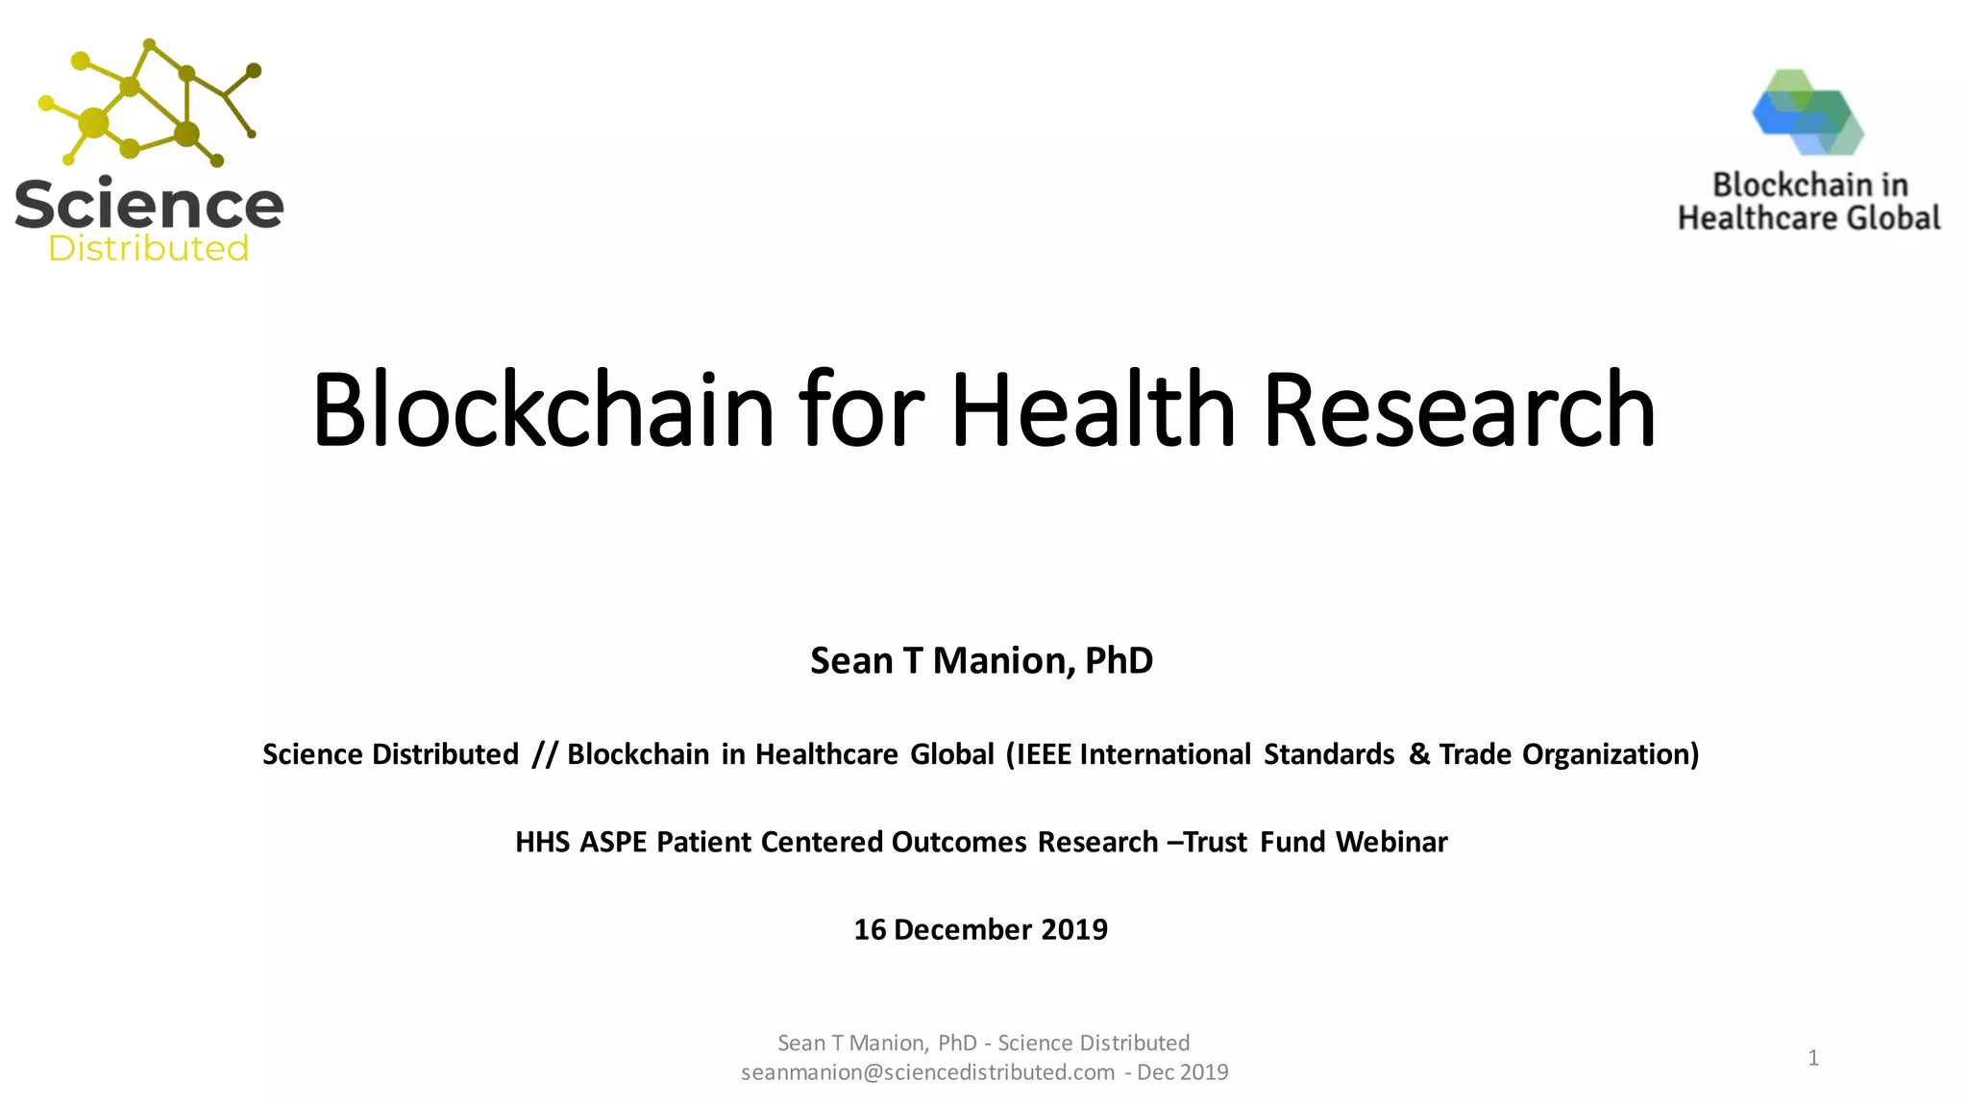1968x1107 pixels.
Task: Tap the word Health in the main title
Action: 1093,410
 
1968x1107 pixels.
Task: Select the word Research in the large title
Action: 1459,410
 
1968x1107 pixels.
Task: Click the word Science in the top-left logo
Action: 149,205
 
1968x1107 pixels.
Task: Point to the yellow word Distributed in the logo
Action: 149,249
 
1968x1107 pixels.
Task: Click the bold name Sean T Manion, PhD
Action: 981,661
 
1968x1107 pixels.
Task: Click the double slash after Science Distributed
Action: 544,754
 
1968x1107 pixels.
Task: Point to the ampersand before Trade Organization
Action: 1418,754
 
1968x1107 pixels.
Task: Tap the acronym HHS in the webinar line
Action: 543,843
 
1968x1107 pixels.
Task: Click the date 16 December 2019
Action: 981,930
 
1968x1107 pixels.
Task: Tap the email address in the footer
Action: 927,1072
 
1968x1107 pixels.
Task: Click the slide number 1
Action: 1812,1058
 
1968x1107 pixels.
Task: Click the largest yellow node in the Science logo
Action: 94,123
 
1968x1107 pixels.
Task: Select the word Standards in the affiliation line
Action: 1328,754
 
